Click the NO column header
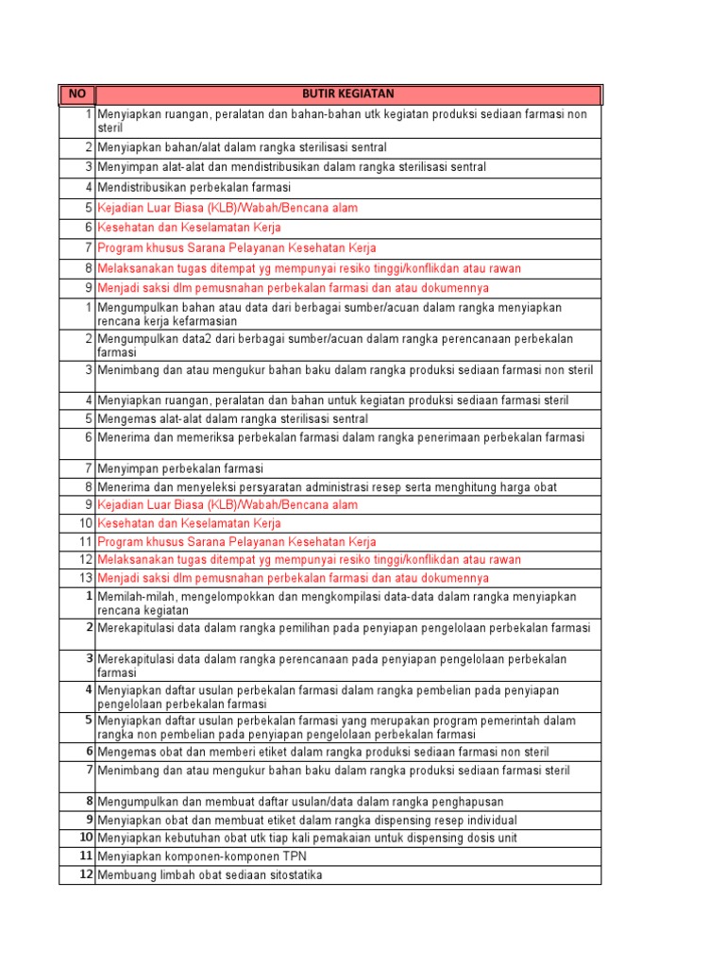(76, 94)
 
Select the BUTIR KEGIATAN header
(347, 94)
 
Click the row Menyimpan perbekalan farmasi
(180, 468)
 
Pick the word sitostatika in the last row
(293, 875)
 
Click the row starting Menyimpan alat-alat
(292, 167)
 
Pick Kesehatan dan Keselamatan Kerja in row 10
(189, 523)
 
